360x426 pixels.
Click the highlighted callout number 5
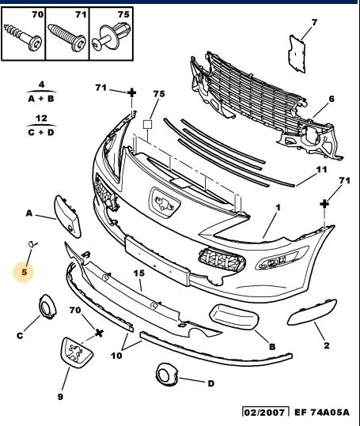pyautogui.click(x=25, y=272)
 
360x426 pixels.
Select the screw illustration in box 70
pyautogui.click(x=23, y=36)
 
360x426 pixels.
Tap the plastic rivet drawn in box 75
pyautogui.click(x=111, y=36)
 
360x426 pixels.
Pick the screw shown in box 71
pyautogui.click(x=67, y=37)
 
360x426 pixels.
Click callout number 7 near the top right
pyautogui.click(x=314, y=22)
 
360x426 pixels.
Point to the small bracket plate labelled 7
pyautogui.click(x=297, y=54)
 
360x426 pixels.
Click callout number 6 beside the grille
pyautogui.click(x=332, y=99)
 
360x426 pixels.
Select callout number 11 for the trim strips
pyautogui.click(x=322, y=170)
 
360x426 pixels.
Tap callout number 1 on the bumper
pyautogui.click(x=278, y=208)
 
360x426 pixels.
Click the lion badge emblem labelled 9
pyautogui.click(x=76, y=352)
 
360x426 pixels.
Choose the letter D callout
pyautogui.click(x=210, y=383)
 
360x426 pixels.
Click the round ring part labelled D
pyautogui.click(x=167, y=374)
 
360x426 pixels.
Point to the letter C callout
pyautogui.click(x=20, y=336)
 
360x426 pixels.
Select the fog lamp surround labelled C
pyautogui.click(x=47, y=307)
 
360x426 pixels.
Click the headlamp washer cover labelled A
pyautogui.click(x=68, y=217)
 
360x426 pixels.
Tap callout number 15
pyautogui.click(x=139, y=273)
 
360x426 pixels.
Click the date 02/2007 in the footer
pyautogui.click(x=265, y=413)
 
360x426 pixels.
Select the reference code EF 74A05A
pyautogui.click(x=322, y=413)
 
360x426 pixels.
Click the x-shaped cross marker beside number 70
pyautogui.click(x=99, y=333)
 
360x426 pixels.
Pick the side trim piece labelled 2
pyautogui.click(x=313, y=312)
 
